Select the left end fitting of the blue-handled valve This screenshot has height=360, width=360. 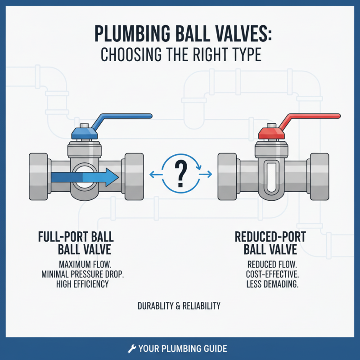(40, 177)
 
